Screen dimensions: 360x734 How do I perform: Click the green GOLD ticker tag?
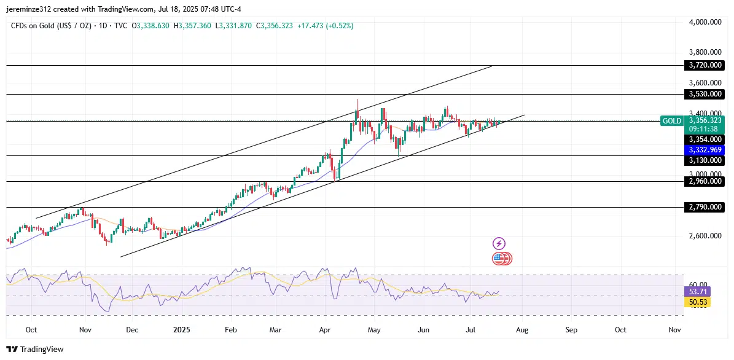point(672,121)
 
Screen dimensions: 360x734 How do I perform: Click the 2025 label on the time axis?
point(181,330)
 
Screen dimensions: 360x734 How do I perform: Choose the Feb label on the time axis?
point(230,330)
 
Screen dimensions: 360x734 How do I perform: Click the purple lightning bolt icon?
point(499,244)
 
